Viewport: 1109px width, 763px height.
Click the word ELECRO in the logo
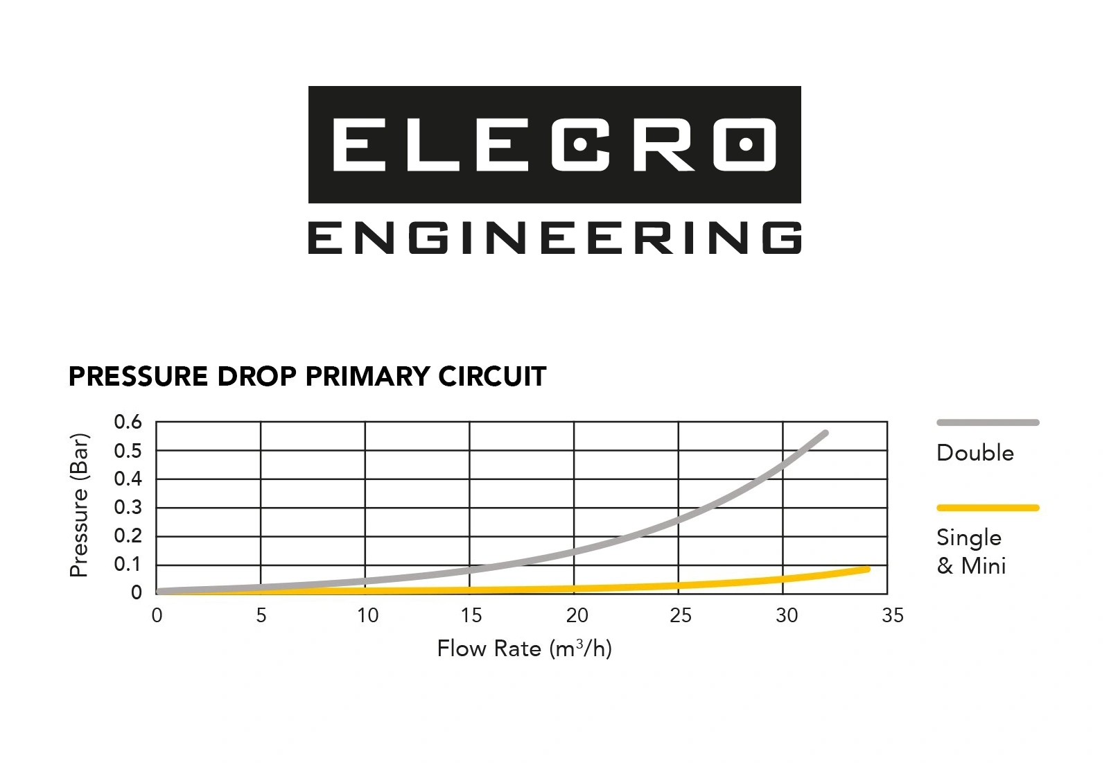coord(554,144)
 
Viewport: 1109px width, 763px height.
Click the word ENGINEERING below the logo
coord(554,238)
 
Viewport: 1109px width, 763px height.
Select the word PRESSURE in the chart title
coord(138,377)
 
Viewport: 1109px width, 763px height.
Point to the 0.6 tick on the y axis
coord(128,422)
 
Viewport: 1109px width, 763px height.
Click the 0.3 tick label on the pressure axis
coord(128,507)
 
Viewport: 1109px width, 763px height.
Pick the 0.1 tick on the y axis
coord(128,564)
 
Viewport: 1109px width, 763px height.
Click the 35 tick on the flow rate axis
coord(893,615)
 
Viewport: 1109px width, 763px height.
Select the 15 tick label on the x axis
coord(471,615)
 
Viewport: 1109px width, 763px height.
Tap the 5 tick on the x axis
coord(261,615)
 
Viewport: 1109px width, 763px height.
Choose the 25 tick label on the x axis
coord(680,615)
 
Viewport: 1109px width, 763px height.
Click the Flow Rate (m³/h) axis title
coord(524,649)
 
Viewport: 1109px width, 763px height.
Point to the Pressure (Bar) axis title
coord(79,505)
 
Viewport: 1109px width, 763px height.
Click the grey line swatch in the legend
coord(988,422)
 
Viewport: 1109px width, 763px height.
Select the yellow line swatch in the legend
coord(988,508)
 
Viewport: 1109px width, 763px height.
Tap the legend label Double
coord(975,453)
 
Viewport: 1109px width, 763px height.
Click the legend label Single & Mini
coord(970,551)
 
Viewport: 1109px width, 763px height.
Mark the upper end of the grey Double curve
coord(825,434)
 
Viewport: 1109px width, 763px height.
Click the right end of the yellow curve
coord(866,569)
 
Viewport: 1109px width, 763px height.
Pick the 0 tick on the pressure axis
coord(137,593)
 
